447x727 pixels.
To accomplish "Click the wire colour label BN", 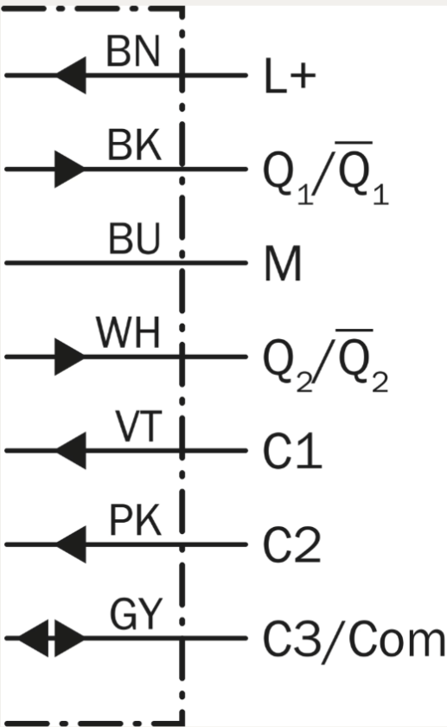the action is tap(133, 51).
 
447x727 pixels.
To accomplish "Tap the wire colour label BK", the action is tap(134, 145).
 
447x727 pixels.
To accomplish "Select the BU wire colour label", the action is tap(134, 239).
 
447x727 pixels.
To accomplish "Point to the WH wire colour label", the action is tap(128, 333).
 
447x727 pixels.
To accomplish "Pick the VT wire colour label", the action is tap(138, 427).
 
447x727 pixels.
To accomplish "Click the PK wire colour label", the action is tap(135, 521).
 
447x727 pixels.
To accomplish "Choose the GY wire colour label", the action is tap(137, 614).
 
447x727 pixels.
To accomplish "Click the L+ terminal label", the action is tap(290, 76).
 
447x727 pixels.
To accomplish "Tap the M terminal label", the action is tap(283, 263).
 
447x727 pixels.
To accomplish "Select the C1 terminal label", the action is tap(292, 451).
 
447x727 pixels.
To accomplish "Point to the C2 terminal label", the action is tap(292, 544).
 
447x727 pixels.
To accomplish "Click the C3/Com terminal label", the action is tap(354, 640).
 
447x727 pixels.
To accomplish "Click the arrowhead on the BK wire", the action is tap(69, 169).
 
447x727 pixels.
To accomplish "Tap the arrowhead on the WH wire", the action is tap(69, 357).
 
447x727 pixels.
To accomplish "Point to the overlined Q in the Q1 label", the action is tap(354, 170).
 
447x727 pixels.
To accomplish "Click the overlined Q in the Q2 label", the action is tap(354, 358).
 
